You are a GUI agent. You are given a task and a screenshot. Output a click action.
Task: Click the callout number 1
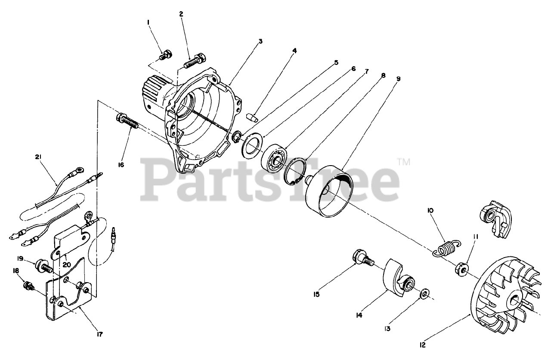pos(149,22)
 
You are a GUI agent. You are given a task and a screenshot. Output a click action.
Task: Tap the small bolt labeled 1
pos(165,55)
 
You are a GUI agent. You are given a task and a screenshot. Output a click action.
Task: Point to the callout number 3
pos(260,42)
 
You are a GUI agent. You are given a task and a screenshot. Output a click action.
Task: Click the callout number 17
pos(100,334)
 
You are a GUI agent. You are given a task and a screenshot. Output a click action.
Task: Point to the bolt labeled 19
pos(44,265)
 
